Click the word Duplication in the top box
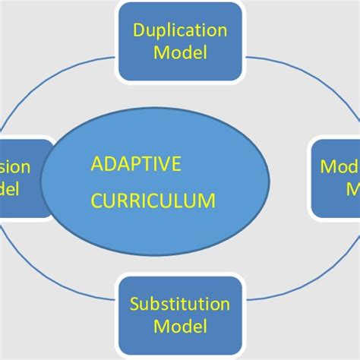tap(180, 31)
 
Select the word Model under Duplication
tap(180, 53)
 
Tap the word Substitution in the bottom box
tap(180, 305)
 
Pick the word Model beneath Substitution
tap(180, 327)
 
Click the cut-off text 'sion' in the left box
tap(15, 167)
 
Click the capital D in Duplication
tap(139, 31)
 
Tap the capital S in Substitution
tap(134, 305)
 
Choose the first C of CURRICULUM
tap(96, 201)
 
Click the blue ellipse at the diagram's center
tap(152, 228)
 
